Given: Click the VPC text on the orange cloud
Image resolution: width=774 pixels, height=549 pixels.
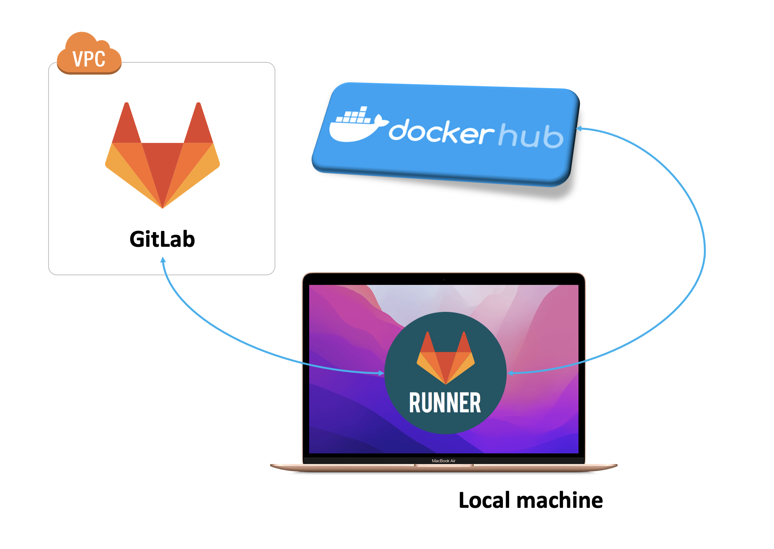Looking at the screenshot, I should (x=89, y=59).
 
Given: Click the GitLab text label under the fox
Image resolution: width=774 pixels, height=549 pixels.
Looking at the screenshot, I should (x=162, y=239).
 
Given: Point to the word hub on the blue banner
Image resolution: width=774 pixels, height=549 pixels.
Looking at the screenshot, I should (x=531, y=136).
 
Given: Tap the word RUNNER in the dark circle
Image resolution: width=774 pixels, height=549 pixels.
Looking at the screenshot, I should (x=445, y=403).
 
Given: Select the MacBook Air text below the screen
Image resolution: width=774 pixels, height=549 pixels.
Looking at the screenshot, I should (x=444, y=461).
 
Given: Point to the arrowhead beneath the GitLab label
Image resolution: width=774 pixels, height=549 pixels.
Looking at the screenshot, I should (x=163, y=260).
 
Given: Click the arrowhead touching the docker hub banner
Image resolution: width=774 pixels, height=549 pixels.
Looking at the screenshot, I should (x=578, y=129).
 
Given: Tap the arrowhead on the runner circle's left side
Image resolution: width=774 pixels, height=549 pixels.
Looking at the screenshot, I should (x=381, y=373).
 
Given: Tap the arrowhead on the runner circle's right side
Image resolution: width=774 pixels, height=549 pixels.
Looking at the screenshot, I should (x=511, y=373).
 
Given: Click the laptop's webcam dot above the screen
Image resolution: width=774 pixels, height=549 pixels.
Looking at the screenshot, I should (x=444, y=280).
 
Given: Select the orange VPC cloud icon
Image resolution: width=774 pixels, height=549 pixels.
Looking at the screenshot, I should (x=89, y=54).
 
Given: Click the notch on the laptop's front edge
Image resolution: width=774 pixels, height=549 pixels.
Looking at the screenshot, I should (x=444, y=465).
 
